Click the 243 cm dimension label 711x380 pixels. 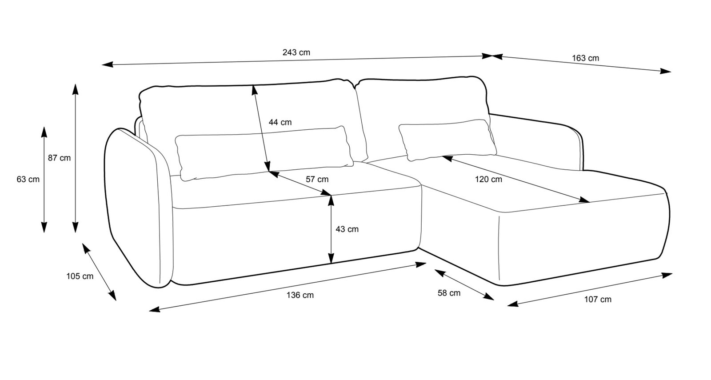(296, 52)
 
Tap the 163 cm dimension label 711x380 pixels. (585, 58)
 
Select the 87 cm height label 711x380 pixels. (60, 158)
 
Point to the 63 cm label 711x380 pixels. (28, 180)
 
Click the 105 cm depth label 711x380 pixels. (80, 276)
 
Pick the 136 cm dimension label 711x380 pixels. (300, 295)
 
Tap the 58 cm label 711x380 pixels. (449, 293)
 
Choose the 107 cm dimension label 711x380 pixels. (598, 300)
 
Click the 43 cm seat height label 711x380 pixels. (347, 229)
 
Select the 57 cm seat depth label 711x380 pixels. (317, 180)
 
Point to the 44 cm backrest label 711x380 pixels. (280, 122)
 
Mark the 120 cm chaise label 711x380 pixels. (488, 180)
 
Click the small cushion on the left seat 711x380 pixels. (264, 153)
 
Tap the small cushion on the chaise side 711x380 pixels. (447, 140)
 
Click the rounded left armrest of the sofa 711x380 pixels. (139, 208)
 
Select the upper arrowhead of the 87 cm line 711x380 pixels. (75, 89)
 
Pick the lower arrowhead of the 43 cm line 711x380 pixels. (331, 258)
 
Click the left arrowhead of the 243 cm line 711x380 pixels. (107, 64)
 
